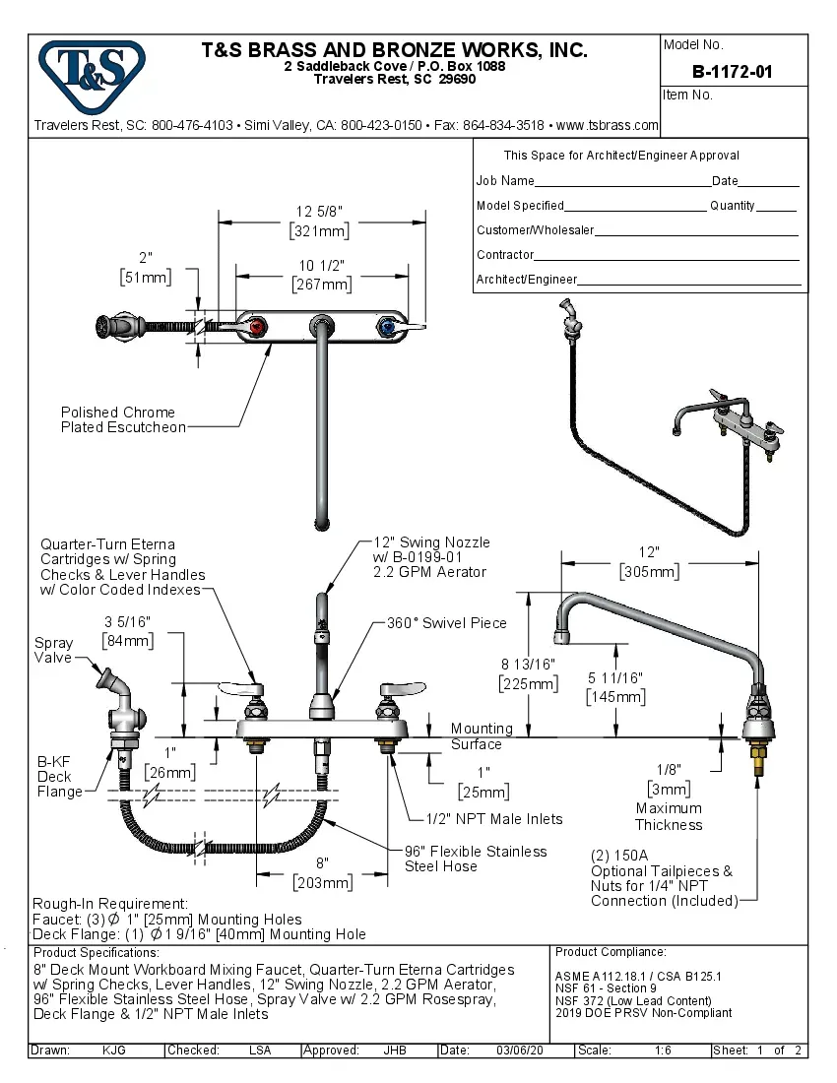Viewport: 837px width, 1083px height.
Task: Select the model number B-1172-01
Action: point(733,71)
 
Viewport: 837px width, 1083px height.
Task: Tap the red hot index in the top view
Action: point(258,327)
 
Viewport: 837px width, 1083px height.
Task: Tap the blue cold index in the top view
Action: point(387,327)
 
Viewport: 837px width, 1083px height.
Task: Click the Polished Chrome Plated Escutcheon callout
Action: point(122,419)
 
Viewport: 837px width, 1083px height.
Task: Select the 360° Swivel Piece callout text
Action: point(446,623)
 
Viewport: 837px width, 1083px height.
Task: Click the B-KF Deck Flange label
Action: point(59,777)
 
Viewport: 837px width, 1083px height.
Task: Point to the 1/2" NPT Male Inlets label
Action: point(494,819)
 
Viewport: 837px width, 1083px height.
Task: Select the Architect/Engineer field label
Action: point(527,280)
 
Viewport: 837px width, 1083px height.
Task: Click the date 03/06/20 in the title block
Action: point(521,1051)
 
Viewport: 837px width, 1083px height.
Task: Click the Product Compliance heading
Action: point(611,952)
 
